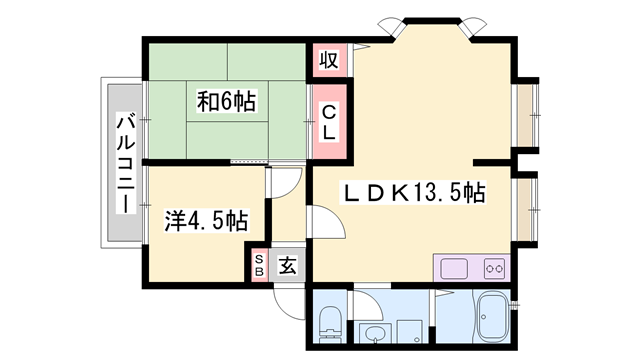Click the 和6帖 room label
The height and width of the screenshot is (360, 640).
[x=227, y=102]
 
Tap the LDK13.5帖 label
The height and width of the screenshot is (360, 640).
[x=413, y=193]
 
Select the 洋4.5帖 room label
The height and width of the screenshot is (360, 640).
[x=206, y=221]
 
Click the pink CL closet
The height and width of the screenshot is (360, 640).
[x=329, y=122]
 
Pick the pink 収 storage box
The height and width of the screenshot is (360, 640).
[x=329, y=60]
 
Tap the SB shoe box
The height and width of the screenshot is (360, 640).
[x=259, y=265]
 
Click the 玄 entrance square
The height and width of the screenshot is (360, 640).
[x=287, y=265]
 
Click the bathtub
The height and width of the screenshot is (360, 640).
[x=493, y=317]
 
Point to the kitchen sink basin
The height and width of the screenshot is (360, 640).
[x=454, y=269]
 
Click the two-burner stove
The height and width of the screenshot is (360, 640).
[x=494, y=269]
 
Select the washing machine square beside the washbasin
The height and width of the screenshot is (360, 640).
[x=409, y=331]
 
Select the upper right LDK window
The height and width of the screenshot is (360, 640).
[x=527, y=115]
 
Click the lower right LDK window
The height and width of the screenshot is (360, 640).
[x=527, y=209]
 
